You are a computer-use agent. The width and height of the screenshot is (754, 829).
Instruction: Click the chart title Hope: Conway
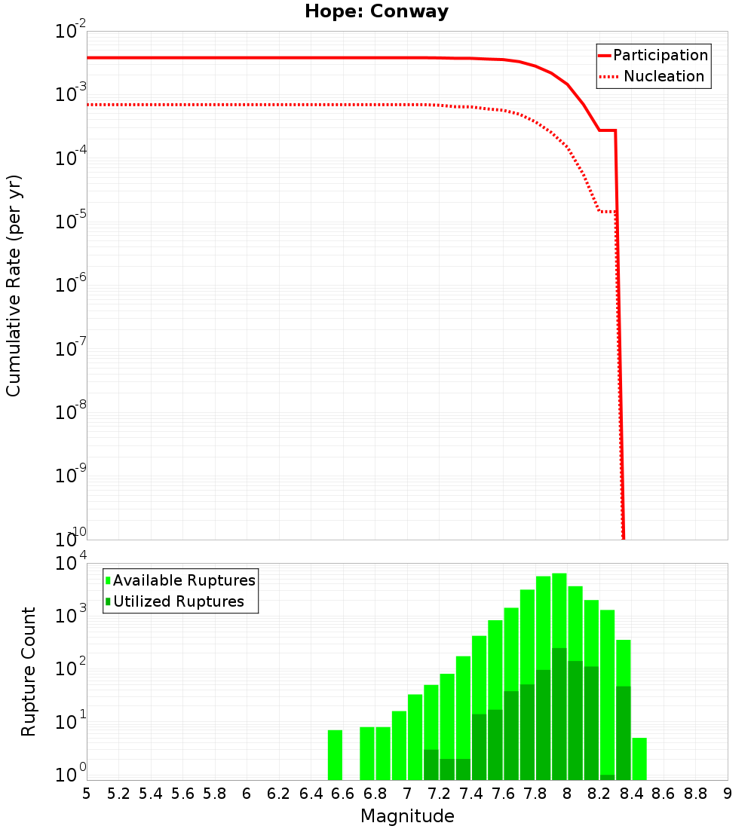[x=376, y=12]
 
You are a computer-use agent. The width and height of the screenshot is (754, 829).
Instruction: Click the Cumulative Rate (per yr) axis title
[x=14, y=285]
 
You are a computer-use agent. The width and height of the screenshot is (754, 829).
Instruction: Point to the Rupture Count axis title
[x=29, y=671]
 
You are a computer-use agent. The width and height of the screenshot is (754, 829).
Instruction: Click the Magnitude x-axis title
[x=407, y=816]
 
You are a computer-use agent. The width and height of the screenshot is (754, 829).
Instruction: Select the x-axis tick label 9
[x=728, y=794]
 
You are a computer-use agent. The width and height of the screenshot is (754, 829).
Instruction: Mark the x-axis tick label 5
[x=87, y=794]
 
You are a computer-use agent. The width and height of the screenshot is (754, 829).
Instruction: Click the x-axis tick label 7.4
[x=471, y=794]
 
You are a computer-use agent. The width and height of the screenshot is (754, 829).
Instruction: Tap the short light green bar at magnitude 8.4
[x=639, y=759]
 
